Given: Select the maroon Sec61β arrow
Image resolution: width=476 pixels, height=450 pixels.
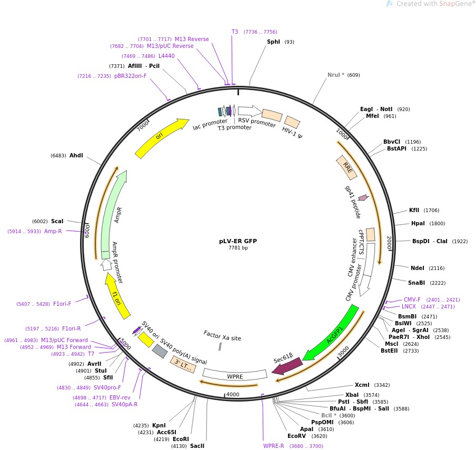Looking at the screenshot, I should pos(287,366).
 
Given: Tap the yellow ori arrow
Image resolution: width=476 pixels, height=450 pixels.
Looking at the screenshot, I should pos(161,138).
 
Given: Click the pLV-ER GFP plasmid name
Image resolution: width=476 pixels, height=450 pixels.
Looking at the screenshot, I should pos(238,241).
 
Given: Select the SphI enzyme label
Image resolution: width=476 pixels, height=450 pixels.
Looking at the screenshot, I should pos(273,42).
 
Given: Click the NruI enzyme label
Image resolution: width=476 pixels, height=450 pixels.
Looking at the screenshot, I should pos(334,75).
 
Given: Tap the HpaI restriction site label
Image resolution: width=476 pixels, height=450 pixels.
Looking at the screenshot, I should pos(418,223).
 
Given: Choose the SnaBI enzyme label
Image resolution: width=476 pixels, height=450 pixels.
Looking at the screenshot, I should pos(416,283).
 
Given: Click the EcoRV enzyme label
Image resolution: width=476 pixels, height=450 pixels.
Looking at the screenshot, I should pos(296,436).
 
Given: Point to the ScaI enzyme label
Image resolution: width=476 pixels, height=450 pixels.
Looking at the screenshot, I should pos(57,222).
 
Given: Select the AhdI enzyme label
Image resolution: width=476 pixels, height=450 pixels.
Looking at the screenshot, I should pos(76,155).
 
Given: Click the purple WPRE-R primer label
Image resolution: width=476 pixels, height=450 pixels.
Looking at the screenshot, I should pos(273,446).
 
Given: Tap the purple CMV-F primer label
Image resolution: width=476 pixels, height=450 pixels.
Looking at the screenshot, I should pos(412,299).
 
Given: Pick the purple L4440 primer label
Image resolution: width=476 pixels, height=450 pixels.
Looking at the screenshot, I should pos(166,56).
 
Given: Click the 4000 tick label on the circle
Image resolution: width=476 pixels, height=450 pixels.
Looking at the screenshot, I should pos(232,394).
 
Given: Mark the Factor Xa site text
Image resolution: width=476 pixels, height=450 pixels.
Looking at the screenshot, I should pos(222,335).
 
